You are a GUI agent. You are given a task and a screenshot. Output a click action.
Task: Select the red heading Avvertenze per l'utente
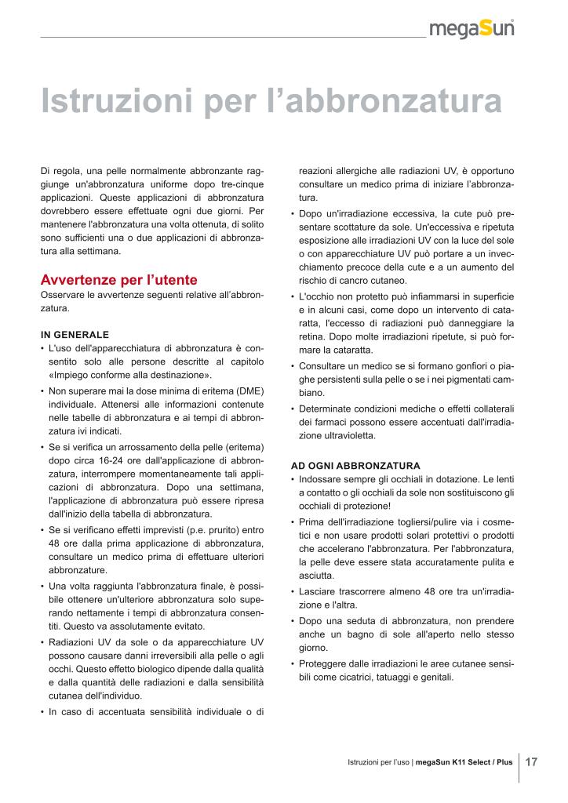coord(118,280)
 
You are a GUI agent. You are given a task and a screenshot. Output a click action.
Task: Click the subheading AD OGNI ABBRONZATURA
coord(355,465)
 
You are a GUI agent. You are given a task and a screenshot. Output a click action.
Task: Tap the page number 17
coord(531,761)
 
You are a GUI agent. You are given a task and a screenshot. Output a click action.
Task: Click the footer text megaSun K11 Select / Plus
coord(464,762)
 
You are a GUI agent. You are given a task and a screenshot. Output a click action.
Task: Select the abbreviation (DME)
coord(249,391)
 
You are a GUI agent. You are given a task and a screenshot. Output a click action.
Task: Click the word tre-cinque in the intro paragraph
coord(239,183)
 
